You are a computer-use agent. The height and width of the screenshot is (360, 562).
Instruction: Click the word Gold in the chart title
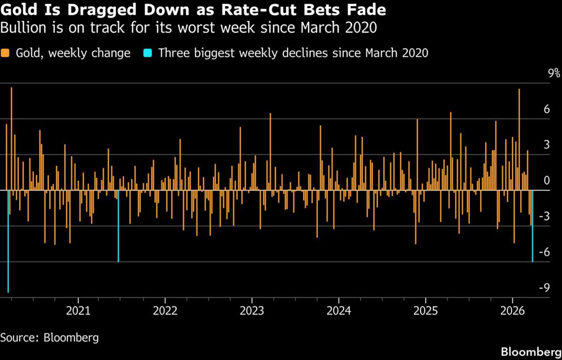click(x=20, y=10)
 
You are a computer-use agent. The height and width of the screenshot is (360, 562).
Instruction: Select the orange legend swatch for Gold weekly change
click(x=6, y=53)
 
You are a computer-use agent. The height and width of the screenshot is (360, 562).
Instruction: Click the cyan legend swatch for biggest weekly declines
click(x=148, y=53)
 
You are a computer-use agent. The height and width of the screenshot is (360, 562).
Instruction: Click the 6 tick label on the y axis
click(x=546, y=109)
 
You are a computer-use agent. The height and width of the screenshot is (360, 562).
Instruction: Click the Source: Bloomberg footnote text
click(x=49, y=337)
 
